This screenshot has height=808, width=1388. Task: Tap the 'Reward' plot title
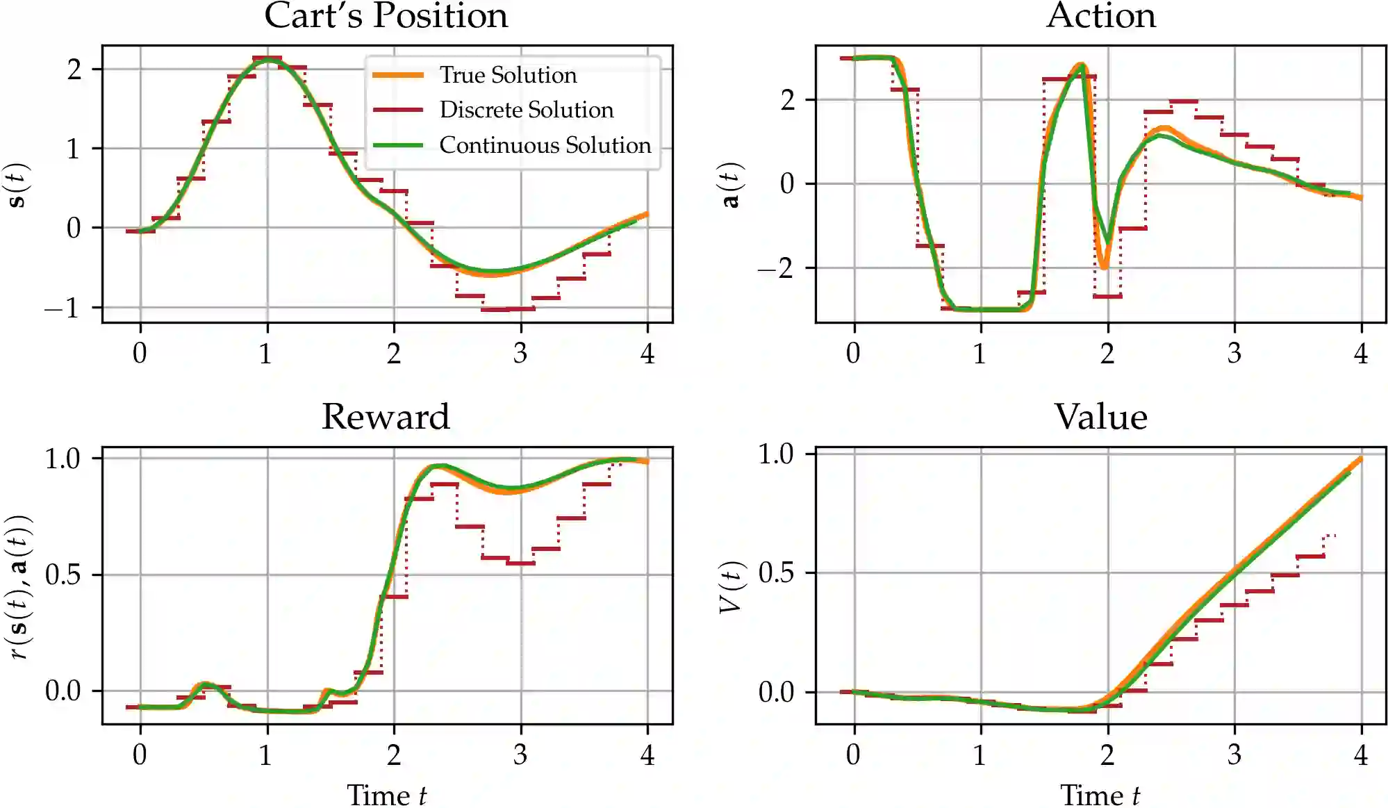(386, 417)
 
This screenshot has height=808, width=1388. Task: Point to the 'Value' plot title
(1101, 417)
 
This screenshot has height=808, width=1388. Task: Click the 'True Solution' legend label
(508, 75)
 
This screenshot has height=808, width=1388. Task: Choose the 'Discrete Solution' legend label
(526, 110)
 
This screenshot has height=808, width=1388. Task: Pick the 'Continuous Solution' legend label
(545, 145)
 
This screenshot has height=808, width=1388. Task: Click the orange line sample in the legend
(398, 75)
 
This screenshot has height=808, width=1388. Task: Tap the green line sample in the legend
(398, 145)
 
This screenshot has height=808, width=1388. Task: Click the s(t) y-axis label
(17, 185)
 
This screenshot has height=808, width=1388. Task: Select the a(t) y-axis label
(730, 185)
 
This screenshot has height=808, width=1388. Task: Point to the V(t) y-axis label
(730, 587)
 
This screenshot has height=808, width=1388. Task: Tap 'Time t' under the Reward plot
(386, 795)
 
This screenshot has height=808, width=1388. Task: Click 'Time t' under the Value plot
(1100, 795)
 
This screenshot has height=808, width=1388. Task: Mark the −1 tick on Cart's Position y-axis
(63, 308)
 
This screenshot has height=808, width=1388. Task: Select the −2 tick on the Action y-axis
(776, 268)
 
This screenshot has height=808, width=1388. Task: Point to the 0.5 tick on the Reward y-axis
(63, 575)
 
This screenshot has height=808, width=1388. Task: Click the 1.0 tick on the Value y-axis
(776, 454)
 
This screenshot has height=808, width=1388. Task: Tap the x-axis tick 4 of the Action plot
(1361, 354)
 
